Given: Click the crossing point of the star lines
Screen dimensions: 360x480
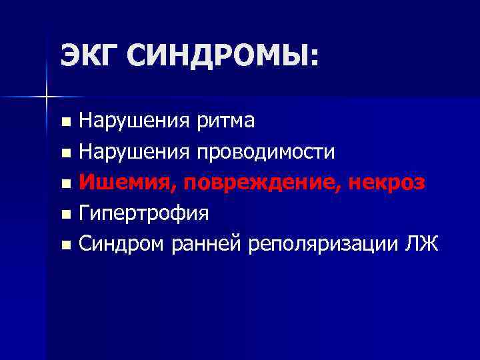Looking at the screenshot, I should [x=46, y=97].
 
